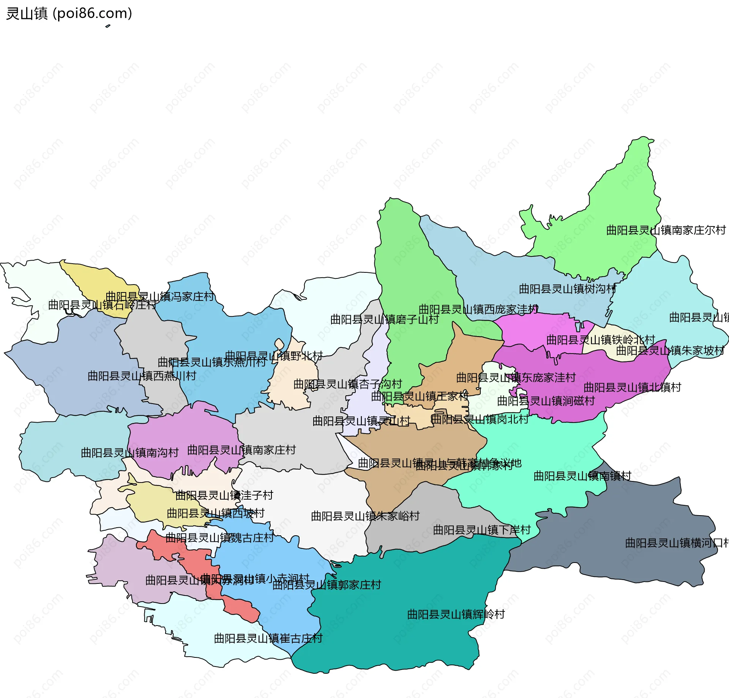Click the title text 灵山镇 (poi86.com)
(69, 13)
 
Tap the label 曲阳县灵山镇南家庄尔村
(666, 230)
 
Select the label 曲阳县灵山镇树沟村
(567, 289)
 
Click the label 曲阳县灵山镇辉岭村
(456, 614)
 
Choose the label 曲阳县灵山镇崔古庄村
(268, 638)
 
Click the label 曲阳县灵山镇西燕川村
(142, 376)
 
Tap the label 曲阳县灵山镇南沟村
(129, 453)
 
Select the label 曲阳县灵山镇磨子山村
(384, 319)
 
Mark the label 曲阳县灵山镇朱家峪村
(365, 516)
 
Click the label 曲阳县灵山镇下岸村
(481, 530)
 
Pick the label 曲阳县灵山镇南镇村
(582, 476)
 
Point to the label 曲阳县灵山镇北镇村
(632, 387)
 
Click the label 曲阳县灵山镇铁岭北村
(601, 340)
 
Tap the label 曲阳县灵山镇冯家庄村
(159, 296)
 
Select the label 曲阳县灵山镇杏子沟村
(347, 384)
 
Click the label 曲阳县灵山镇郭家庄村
(327, 585)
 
